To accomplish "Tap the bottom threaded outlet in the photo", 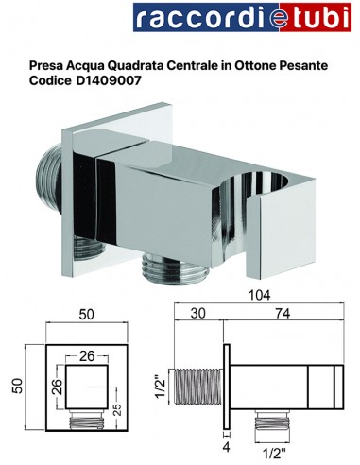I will tap(164, 268).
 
